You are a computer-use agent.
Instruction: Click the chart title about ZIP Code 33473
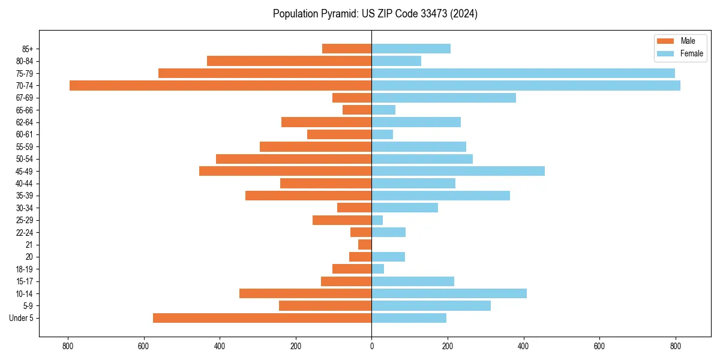(x=375, y=14)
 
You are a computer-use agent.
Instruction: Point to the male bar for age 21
(x=365, y=245)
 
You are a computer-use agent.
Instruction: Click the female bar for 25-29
(x=377, y=220)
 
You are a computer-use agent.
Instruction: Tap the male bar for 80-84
(x=289, y=61)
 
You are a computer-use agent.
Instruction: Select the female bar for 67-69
(x=443, y=98)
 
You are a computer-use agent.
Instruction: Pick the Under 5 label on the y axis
(x=22, y=318)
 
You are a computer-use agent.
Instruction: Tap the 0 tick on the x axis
(x=371, y=346)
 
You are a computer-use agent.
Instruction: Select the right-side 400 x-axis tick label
(x=523, y=346)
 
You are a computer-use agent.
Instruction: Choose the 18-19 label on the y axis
(x=24, y=269)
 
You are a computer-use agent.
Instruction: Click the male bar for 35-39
(x=308, y=196)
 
